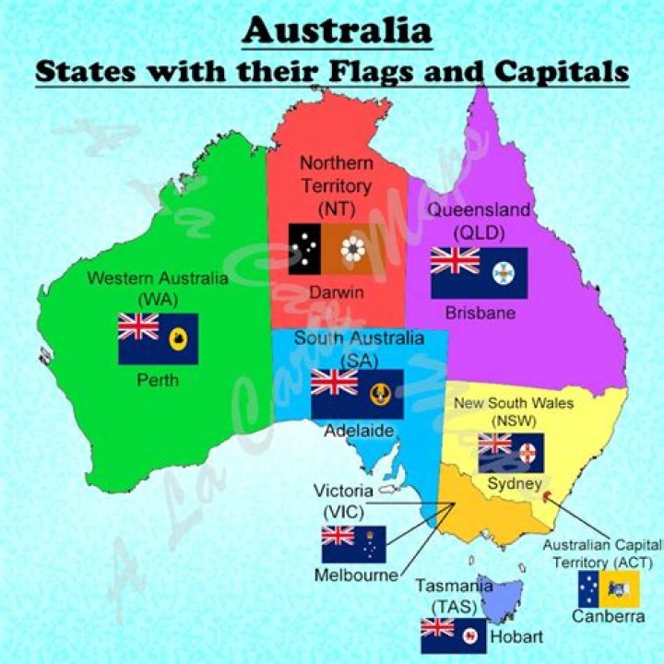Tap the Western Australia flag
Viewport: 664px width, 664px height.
point(158,338)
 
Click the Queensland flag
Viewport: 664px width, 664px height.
point(479,273)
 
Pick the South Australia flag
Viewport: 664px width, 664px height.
point(357,394)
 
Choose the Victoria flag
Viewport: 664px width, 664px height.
point(353,544)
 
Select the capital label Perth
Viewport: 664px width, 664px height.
point(159,380)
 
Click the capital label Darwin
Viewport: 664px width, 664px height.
point(337,293)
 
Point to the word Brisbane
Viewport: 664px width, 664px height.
point(480,314)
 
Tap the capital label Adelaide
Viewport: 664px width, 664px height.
point(359,431)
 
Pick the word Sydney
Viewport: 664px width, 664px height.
point(509,483)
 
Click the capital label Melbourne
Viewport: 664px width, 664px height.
point(357,575)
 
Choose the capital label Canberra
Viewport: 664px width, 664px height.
point(608,616)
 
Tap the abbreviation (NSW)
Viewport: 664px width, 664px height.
point(508,421)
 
